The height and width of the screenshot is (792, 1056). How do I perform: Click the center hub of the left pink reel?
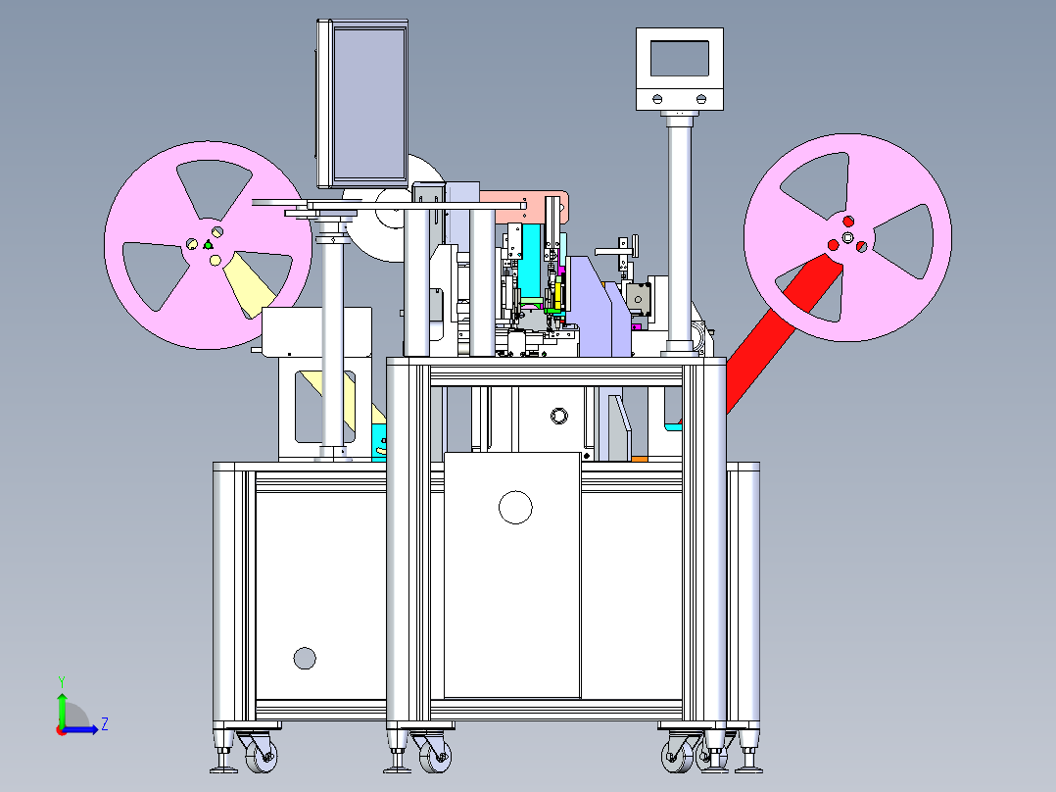tap(208, 245)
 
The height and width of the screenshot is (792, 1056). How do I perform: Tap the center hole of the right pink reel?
tap(848, 237)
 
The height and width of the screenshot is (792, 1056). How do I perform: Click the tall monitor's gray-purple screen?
tap(369, 104)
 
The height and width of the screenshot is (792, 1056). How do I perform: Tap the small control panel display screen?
tap(680, 59)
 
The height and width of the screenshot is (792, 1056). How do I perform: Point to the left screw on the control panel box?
tap(658, 99)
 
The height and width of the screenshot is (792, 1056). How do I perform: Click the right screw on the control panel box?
tap(701, 99)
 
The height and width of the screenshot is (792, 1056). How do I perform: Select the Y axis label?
tap(62, 682)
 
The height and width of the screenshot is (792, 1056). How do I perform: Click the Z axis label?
tap(105, 724)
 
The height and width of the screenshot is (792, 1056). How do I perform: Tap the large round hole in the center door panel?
tap(515, 508)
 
